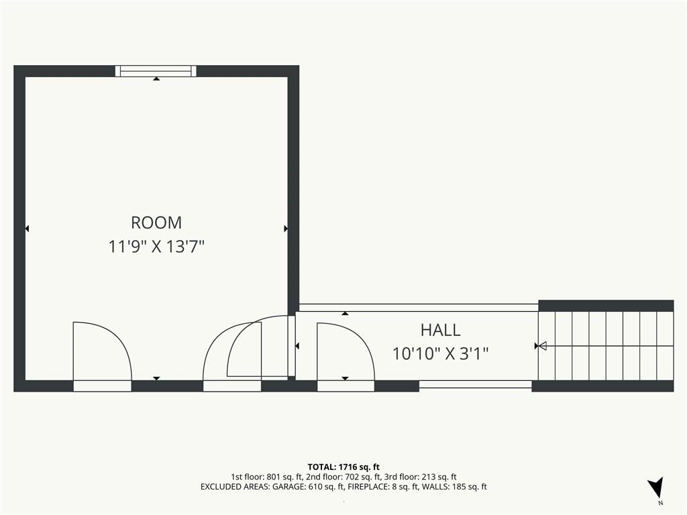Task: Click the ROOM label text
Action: point(156,223)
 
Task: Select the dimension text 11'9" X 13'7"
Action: point(156,247)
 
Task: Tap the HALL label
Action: point(440,330)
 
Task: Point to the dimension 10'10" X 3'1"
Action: point(440,353)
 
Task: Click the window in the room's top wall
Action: point(156,71)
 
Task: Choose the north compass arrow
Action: point(656,487)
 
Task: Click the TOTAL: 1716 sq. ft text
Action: point(343,467)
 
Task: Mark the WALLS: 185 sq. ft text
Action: point(454,487)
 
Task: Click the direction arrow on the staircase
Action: point(604,346)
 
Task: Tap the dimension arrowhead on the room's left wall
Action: point(27,229)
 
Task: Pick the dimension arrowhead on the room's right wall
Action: point(286,229)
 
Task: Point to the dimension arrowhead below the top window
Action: point(156,79)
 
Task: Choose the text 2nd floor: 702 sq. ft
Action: point(343,477)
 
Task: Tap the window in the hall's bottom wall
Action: point(476,384)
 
